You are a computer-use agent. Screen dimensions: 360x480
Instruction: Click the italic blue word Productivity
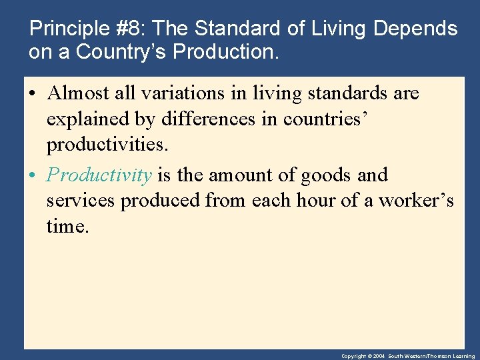[99, 175]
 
